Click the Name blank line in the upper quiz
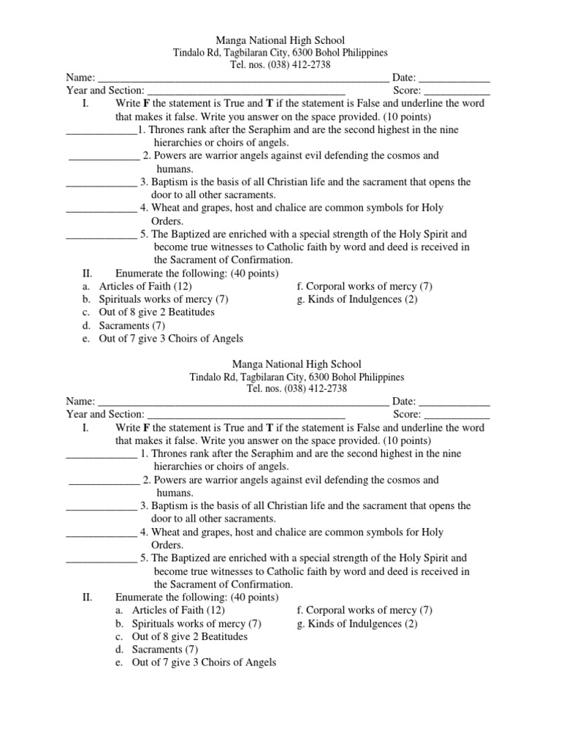click(x=243, y=79)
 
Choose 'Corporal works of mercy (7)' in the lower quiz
click(x=365, y=610)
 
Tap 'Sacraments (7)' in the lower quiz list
click(x=165, y=650)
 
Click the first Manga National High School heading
click(x=280, y=40)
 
